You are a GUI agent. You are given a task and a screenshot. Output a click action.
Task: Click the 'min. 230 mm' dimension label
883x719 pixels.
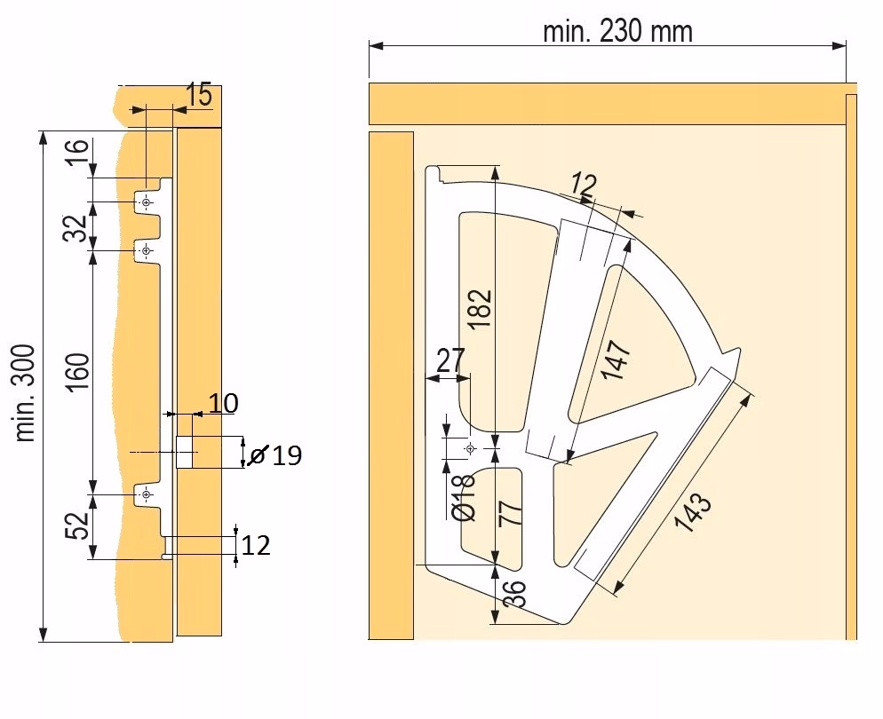coord(617,31)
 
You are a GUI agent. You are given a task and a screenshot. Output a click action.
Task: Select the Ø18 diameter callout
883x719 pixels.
coord(465,496)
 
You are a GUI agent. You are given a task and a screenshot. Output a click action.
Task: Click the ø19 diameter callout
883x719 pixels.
coord(276,455)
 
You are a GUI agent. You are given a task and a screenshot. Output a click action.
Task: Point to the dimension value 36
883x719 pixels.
coord(514,593)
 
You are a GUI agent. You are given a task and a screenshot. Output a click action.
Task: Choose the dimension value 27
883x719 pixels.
coord(450,361)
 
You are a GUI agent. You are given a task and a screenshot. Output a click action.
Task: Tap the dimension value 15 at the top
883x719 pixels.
coord(201,95)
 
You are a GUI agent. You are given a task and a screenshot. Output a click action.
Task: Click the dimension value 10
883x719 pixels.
coord(223,404)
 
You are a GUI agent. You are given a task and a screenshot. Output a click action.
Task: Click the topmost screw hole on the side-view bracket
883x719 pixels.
coord(146,203)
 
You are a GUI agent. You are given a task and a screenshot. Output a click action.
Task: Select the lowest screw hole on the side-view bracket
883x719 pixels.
coord(146,494)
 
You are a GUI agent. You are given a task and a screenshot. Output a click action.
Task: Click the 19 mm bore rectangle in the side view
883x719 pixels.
coord(185,452)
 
